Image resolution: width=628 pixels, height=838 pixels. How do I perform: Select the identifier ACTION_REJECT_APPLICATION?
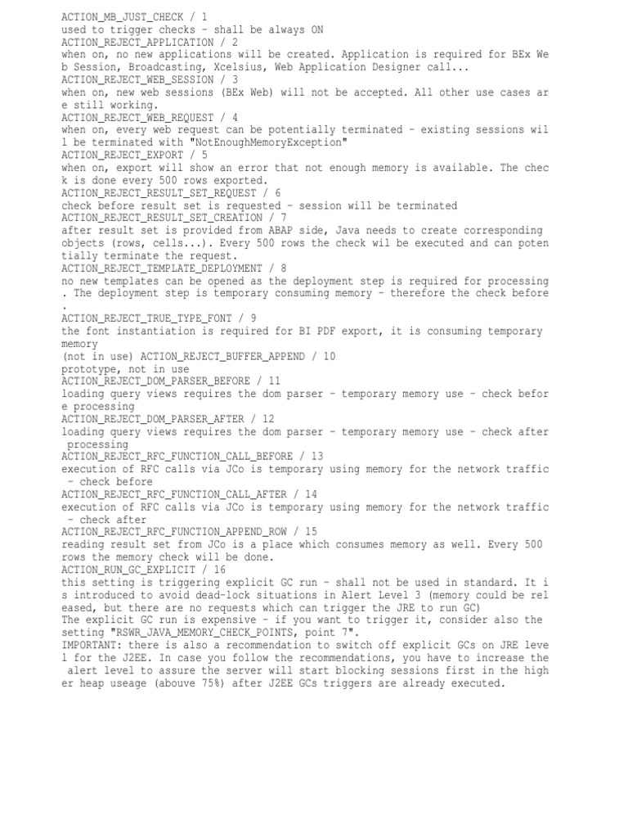137,42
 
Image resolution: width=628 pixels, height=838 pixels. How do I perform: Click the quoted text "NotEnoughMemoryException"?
266,142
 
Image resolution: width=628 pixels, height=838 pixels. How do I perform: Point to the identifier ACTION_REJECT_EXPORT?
123,155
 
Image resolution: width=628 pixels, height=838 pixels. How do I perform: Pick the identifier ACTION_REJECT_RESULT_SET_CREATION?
162,218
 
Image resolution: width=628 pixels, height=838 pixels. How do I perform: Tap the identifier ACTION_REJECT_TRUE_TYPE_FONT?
146,318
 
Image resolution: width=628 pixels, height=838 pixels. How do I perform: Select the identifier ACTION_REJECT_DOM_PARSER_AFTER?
152,419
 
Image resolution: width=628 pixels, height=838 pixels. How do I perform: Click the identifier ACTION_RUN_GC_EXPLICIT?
128,570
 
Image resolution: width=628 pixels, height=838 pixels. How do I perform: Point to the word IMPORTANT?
88,645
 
